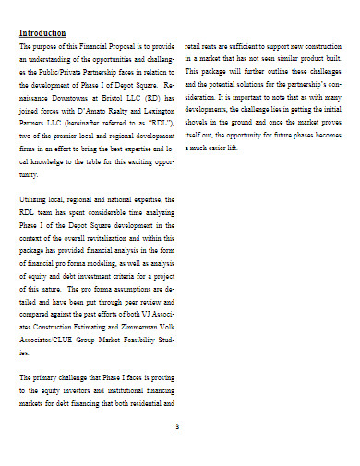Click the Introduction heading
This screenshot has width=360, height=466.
click(x=45, y=32)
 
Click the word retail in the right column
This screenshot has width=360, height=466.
click(x=196, y=44)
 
